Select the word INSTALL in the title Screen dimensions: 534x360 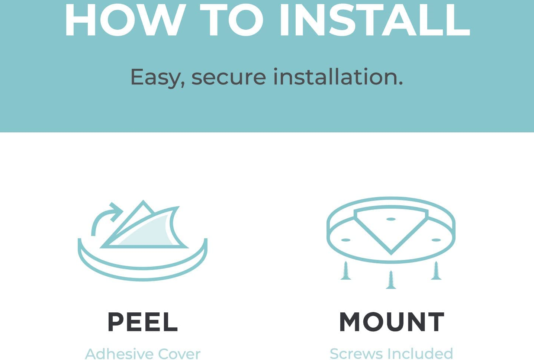pos(375,20)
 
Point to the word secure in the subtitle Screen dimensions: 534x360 pos(229,78)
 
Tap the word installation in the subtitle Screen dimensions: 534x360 pos(338,77)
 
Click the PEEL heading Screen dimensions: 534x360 pos(143,322)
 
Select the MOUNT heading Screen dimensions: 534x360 pos(392,322)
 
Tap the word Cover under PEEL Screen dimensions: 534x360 pos(179,354)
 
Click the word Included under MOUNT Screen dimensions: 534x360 pos(419,354)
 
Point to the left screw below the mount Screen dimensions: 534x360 pos(346,270)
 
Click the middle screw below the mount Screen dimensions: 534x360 pos(391,280)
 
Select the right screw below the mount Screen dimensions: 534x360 pos(436,270)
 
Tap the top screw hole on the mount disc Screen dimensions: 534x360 pos(391,219)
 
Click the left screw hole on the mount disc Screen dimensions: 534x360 pos(346,240)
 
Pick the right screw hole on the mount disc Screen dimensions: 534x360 pos(436,240)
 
